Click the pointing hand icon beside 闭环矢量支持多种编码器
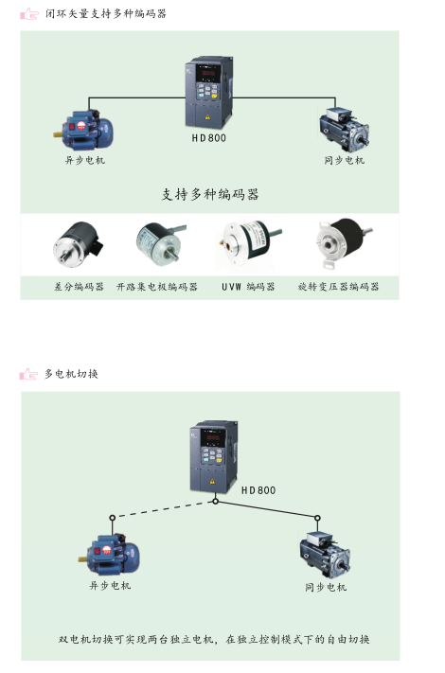[29, 14]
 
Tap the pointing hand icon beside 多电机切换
[28, 374]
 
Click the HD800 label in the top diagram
[209, 138]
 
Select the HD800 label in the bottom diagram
[258, 490]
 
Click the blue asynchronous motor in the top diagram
[83, 130]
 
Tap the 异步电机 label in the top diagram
[84, 161]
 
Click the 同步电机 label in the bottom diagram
[326, 587]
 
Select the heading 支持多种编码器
[210, 194]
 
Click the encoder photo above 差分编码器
[78, 244]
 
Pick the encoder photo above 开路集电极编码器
[160, 241]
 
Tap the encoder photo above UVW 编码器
[249, 245]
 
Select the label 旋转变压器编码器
[339, 286]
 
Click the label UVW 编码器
[248, 287]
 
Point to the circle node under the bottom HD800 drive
[216, 502]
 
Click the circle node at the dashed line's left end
[112, 518]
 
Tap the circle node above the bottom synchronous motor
[317, 518]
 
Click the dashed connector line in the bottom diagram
[164, 509]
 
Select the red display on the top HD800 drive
[207, 74]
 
